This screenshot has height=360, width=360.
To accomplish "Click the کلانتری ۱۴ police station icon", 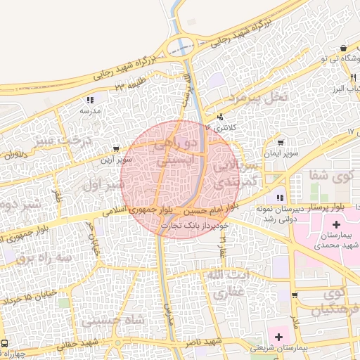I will [221, 117].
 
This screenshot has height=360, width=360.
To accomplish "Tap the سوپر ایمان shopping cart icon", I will [281, 143].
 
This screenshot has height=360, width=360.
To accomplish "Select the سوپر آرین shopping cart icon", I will [115, 149].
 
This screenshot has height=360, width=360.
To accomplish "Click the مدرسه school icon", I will [90, 101].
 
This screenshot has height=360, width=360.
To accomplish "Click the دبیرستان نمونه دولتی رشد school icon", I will [280, 198].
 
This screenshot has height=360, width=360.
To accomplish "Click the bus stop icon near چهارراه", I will [5, 344].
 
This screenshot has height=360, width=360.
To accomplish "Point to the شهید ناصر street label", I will [209, 341].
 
